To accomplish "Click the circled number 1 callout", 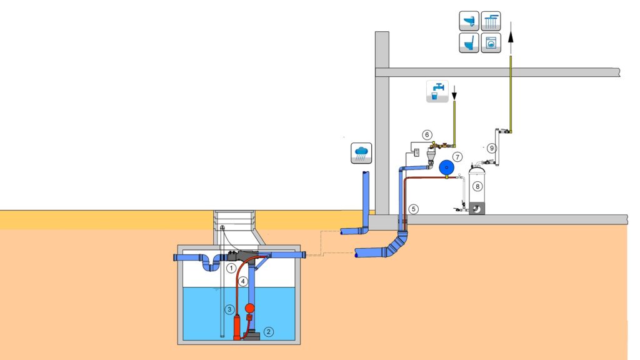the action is pos(231,268).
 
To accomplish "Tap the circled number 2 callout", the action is pos(268,332).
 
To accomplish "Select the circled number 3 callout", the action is pos(230,309).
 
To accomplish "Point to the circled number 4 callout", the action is pos(243,281).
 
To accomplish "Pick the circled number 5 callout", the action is pos(414,209).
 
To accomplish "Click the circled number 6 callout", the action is pos(427,135).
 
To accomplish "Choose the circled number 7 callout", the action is pos(457,157).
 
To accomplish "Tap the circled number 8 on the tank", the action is pos(477,186).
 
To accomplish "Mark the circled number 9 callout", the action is pos(492,148).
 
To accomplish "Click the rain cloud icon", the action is pos(361,153).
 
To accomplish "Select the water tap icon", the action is pos(437,91).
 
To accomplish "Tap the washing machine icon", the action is pos(491,43).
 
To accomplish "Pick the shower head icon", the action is pos(491,21).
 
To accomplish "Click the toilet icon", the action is pos(469,43).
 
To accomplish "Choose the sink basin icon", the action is pos(469,21).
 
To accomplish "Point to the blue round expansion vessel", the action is pos(447,167).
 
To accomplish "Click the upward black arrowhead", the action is pos(510,37).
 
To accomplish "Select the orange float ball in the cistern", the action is pos(249,308).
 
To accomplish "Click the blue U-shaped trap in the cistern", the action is pos(211,265).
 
